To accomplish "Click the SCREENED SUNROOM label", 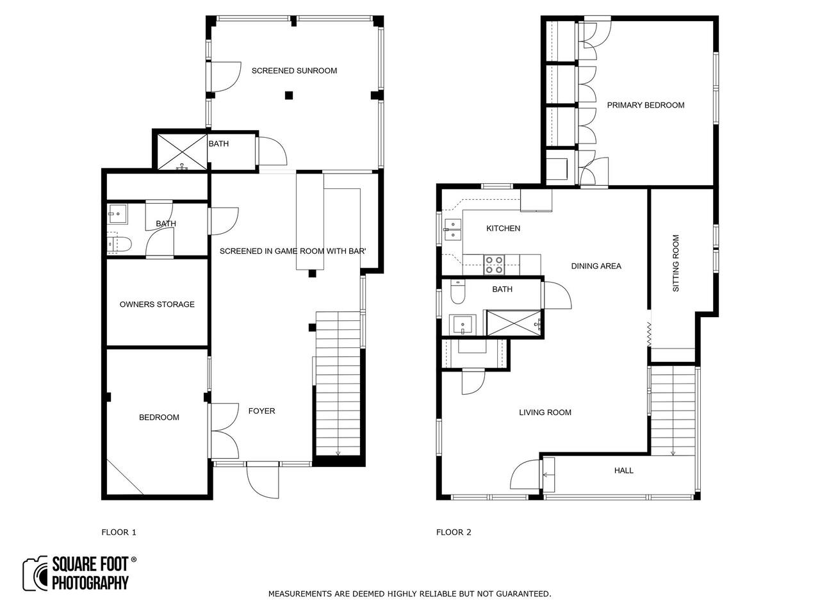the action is [x=294, y=70].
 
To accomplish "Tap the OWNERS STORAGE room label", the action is [x=157, y=304].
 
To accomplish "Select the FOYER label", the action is [x=261, y=411].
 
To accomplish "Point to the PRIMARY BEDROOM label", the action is [x=645, y=105].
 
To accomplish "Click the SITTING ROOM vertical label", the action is [x=675, y=263].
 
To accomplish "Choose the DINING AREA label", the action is [x=596, y=266].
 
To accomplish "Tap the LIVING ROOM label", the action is [x=545, y=412].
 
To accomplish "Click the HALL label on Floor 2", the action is [x=623, y=470].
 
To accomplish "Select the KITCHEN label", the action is [x=503, y=229].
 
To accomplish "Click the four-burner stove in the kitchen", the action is [x=494, y=265].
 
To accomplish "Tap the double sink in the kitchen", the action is [x=452, y=229].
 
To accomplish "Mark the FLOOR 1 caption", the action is [x=119, y=532].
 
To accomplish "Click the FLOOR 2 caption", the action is [x=454, y=532].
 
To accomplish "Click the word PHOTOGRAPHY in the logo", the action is [x=90, y=582].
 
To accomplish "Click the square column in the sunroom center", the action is [x=288, y=95].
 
